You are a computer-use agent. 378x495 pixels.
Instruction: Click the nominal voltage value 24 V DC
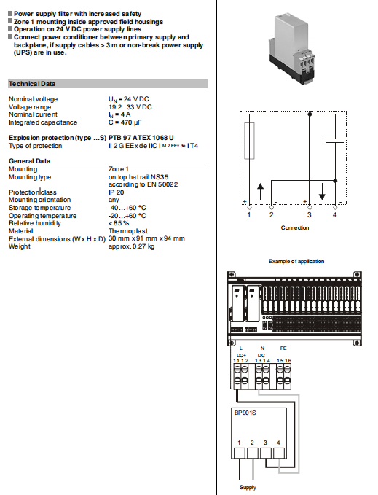[130, 99]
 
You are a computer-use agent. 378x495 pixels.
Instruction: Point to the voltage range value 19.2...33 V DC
[130, 107]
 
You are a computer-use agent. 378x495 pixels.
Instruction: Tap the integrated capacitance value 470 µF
[129, 122]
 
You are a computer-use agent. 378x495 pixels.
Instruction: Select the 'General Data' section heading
[29, 161]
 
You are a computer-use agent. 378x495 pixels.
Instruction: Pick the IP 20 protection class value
[117, 192]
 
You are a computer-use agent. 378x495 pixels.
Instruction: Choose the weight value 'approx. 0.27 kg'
[132, 246]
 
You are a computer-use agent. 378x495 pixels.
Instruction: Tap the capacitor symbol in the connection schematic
[334, 143]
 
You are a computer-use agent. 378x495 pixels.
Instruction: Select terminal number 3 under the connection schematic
[309, 215]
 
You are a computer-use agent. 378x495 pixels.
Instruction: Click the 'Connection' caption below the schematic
[295, 227]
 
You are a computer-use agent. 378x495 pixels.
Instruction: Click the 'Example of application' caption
[296, 261]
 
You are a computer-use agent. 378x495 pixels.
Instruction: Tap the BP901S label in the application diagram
[245, 412]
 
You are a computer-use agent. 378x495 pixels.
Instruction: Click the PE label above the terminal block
[283, 348]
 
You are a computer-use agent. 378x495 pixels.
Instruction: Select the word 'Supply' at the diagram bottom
[248, 487]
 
